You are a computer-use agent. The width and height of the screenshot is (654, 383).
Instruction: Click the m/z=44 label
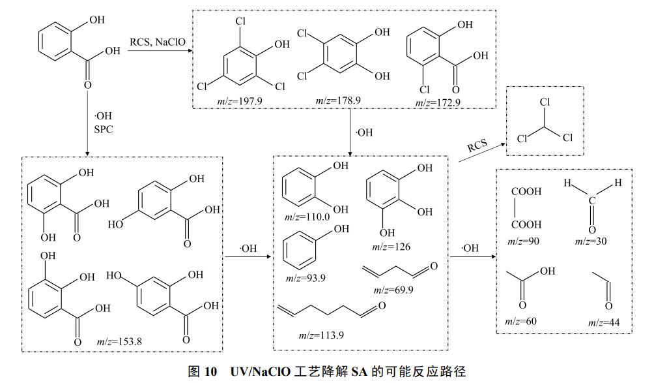604,322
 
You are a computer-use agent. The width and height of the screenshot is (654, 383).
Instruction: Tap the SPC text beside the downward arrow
103,129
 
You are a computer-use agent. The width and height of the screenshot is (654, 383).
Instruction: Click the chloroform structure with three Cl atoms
547,121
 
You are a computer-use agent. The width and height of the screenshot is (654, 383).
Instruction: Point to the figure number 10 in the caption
212,371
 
